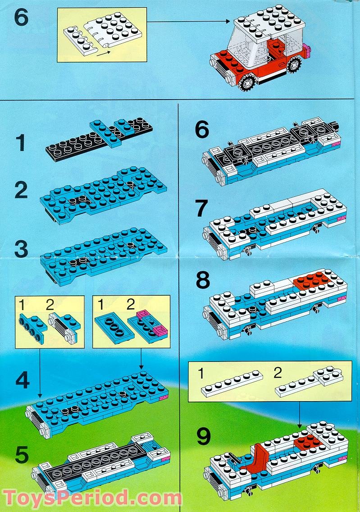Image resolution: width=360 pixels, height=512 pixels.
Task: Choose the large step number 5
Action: [x=22, y=455]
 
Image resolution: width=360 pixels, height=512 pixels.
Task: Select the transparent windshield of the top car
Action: [x=243, y=50]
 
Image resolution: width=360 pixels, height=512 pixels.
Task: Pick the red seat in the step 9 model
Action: [x=258, y=460]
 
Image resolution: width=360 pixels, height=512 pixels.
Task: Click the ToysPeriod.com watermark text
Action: [x=92, y=498]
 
